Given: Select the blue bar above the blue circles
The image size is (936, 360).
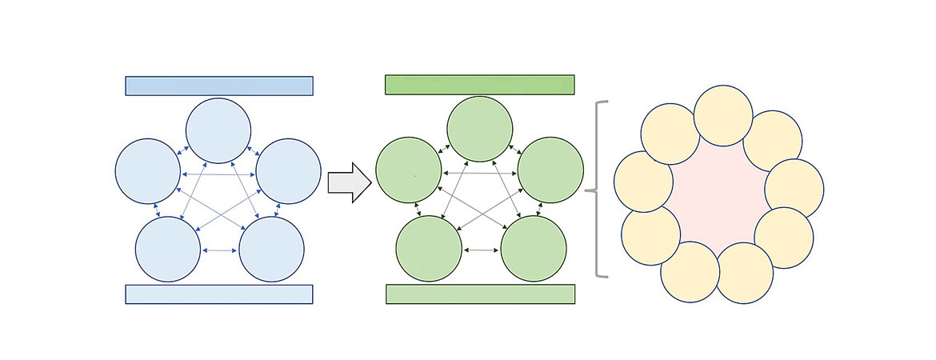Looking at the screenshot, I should pyautogui.click(x=218, y=86).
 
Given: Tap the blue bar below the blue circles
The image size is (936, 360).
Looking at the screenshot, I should pyautogui.click(x=218, y=294).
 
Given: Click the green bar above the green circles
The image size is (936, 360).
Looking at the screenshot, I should pyautogui.click(x=480, y=85).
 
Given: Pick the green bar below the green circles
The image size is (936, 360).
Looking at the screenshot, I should pyautogui.click(x=480, y=294).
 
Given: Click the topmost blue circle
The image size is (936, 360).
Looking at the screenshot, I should pyautogui.click(x=218, y=131).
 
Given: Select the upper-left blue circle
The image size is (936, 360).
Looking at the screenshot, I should pyautogui.click(x=148, y=171).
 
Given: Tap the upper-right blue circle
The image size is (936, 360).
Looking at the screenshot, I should pyautogui.click(x=288, y=171).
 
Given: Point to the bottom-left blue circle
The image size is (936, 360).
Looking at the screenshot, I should pyautogui.click(x=167, y=250).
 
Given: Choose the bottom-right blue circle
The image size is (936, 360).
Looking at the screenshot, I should pyautogui.click(x=272, y=250).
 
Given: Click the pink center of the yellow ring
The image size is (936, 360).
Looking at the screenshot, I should pyautogui.click(x=718, y=194).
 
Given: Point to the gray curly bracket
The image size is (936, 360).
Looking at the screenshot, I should pyautogui.click(x=595, y=190).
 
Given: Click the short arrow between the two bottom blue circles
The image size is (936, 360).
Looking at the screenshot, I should pyautogui.click(x=219, y=250).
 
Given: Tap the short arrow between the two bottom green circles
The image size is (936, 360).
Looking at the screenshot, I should pyautogui.click(x=481, y=250).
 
